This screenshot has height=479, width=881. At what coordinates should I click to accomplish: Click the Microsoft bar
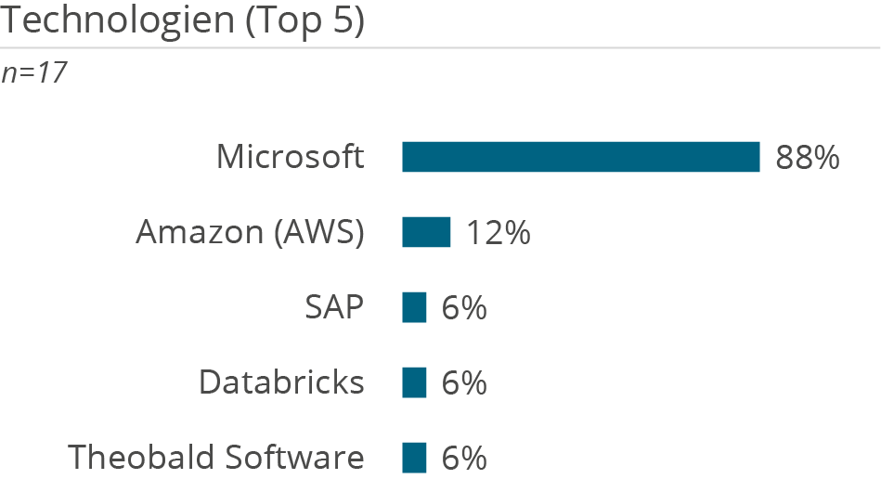pyautogui.click(x=580, y=157)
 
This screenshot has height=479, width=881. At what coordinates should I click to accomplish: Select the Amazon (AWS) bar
pyautogui.click(x=426, y=232)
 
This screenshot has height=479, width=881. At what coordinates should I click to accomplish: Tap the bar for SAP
pyautogui.click(x=414, y=307)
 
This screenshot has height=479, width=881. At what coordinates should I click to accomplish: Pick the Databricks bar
pyautogui.click(x=414, y=382)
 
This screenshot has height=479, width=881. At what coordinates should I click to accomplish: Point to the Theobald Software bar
pyautogui.click(x=414, y=458)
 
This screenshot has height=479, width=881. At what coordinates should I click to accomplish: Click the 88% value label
pyautogui.click(x=808, y=158)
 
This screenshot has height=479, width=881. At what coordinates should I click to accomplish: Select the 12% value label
pyautogui.click(x=499, y=232)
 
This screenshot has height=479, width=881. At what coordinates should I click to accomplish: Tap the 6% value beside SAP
pyautogui.click(x=464, y=307)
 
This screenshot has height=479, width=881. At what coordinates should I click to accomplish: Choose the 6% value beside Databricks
pyautogui.click(x=464, y=382)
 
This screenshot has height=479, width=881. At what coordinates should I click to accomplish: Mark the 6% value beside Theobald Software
pyautogui.click(x=464, y=458)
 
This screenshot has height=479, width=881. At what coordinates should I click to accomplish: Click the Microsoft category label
pyautogui.click(x=290, y=157)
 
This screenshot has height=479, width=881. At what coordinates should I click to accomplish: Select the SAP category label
pyautogui.click(x=334, y=307)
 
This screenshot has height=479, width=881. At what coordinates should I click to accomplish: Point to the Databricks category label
pyautogui.click(x=281, y=382)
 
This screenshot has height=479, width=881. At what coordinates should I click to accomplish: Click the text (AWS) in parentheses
pyautogui.click(x=318, y=233)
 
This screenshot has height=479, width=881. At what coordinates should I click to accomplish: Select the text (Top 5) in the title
pyautogui.click(x=304, y=20)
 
